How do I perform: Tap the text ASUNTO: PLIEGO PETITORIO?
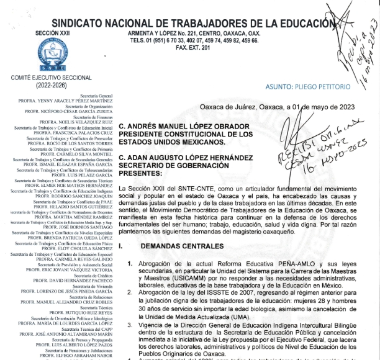click(x=301, y=88)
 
